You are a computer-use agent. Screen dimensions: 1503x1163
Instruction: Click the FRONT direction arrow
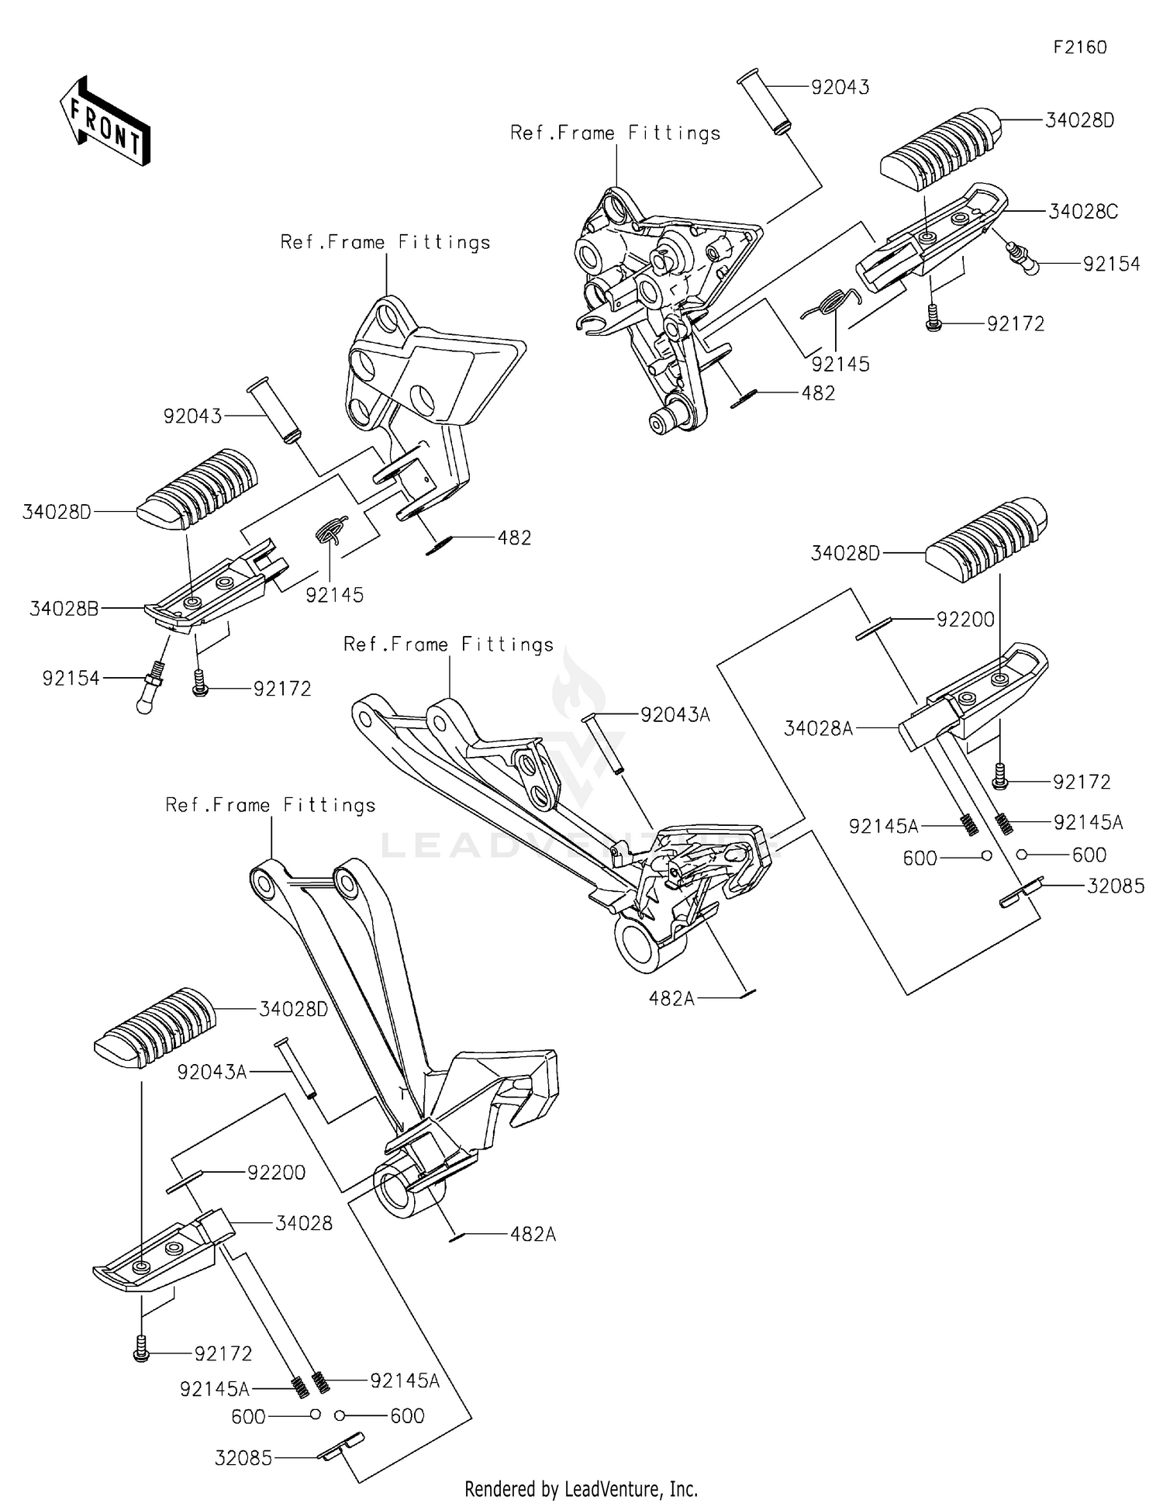click(105, 122)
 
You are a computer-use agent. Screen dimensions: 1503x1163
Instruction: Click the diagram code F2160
click(1079, 47)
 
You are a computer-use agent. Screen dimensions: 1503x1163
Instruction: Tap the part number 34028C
click(1082, 212)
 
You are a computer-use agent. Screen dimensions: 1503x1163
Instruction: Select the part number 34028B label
click(64, 609)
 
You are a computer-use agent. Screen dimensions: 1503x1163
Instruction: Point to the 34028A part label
click(818, 728)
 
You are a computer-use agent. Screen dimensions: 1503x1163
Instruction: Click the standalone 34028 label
click(304, 1223)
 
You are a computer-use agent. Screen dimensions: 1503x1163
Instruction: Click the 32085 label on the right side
click(1115, 886)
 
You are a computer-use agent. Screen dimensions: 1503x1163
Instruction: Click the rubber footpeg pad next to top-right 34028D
click(940, 148)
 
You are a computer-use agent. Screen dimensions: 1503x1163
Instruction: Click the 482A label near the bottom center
click(533, 1234)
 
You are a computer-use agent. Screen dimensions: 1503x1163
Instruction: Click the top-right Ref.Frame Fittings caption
click(615, 133)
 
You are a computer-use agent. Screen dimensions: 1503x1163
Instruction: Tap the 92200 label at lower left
click(276, 1172)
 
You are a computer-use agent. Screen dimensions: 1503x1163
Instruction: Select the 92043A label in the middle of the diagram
click(675, 715)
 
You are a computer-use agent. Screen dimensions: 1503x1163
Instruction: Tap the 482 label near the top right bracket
click(818, 393)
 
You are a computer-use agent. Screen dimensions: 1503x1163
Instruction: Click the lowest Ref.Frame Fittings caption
click(270, 805)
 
